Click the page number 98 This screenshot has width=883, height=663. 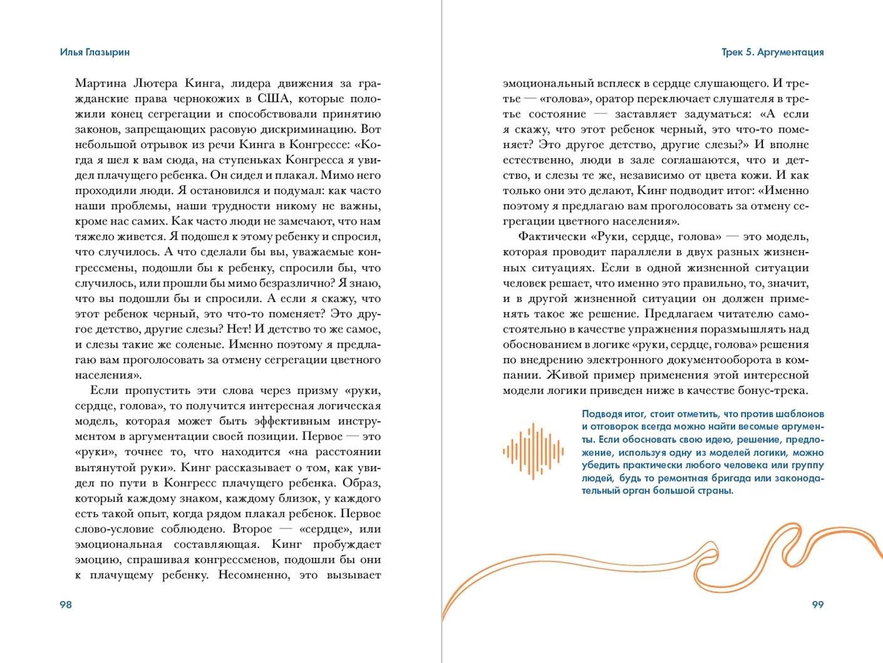(66, 604)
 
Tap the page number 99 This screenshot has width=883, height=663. (817, 604)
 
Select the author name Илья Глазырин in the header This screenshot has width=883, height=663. (95, 52)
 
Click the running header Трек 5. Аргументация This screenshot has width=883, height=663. (772, 52)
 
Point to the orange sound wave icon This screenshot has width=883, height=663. (533, 451)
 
